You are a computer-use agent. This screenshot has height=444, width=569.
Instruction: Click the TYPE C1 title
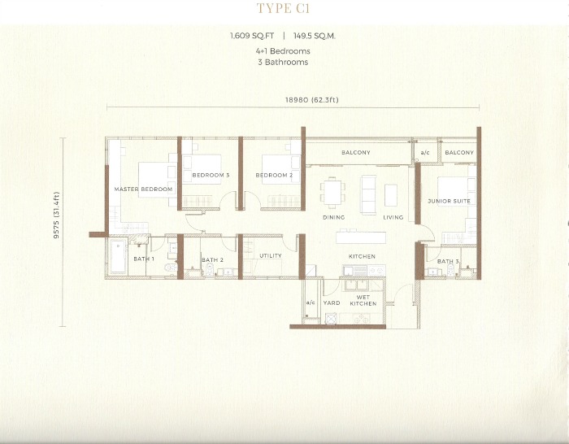pyautogui.click(x=283, y=8)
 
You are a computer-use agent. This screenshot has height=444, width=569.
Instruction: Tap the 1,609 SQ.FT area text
pyautogui.click(x=252, y=36)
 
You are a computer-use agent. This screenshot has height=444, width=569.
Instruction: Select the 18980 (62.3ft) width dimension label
pyautogui.click(x=311, y=99)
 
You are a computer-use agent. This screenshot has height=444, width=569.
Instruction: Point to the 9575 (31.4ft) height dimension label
pyautogui.click(x=56, y=215)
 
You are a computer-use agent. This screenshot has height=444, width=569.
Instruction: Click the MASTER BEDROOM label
pyautogui.click(x=143, y=189)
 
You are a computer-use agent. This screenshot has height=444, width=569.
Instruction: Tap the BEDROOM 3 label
pyautogui.click(x=211, y=175)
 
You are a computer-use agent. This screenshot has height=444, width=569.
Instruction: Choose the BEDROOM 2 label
pyautogui.click(x=275, y=175)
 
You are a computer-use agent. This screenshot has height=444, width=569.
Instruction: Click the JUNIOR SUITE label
pyautogui.click(x=449, y=201)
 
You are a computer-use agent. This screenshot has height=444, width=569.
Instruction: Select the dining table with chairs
pyautogui.click(x=332, y=193)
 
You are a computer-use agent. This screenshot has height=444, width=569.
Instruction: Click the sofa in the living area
pyautogui.click(x=369, y=195)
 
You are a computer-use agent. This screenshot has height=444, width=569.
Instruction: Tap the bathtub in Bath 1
pyautogui.click(x=118, y=256)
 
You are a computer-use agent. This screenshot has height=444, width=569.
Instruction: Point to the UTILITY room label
pyautogui.click(x=271, y=255)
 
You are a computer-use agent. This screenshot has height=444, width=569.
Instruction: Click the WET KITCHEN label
pyautogui.click(x=363, y=300)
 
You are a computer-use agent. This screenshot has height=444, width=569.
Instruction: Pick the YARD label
pyautogui.click(x=332, y=303)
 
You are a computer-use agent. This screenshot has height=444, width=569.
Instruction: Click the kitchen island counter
pyautogui.click(x=361, y=237)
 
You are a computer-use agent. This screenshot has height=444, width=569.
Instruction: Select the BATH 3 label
pyautogui.click(x=448, y=261)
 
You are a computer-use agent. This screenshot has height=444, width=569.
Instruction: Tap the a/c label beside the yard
pyautogui.click(x=311, y=303)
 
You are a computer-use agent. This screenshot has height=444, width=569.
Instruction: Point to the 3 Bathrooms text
pyautogui.click(x=283, y=62)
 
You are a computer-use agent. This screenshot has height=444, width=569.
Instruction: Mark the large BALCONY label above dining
pyautogui.click(x=356, y=153)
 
